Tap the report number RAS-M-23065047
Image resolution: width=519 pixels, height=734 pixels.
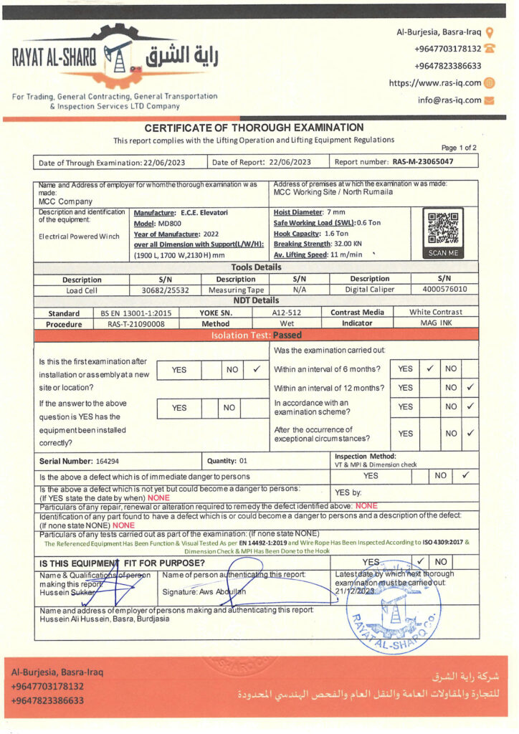(423, 162)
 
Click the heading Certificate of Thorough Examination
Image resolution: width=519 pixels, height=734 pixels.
(254, 128)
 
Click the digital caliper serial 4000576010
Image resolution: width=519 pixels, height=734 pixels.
(444, 290)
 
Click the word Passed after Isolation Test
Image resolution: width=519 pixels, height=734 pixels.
(287, 335)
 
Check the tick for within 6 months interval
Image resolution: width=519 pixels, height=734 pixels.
(429, 369)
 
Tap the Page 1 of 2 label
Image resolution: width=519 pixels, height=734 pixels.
(459, 148)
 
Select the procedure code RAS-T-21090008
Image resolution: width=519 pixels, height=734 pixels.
(136, 323)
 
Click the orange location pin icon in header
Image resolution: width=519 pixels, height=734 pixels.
(490, 32)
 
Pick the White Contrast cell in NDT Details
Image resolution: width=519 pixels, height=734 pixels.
(435, 313)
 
